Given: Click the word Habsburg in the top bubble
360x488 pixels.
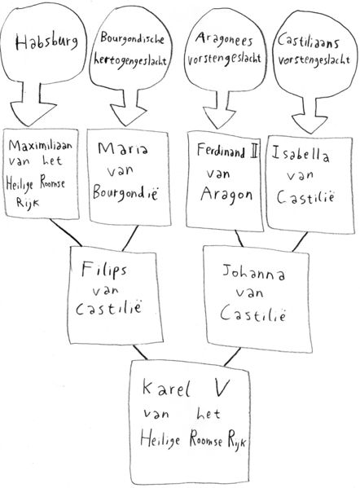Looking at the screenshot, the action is pyautogui.click(x=46, y=42).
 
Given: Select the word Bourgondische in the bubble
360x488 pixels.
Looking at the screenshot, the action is pyautogui.click(x=132, y=40).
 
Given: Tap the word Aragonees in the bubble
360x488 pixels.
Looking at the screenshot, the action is pyautogui.click(x=224, y=41).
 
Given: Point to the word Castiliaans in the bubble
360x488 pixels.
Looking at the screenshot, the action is pyautogui.click(x=308, y=42).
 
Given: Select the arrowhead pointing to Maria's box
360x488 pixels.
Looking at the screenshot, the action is pyautogui.click(x=128, y=115).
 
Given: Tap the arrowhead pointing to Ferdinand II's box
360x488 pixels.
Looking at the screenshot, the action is pyautogui.click(x=219, y=117).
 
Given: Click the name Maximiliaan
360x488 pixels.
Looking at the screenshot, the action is pyautogui.click(x=41, y=145).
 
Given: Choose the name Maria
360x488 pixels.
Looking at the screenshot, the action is pyautogui.click(x=123, y=148).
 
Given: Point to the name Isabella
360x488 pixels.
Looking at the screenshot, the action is pyautogui.click(x=301, y=154).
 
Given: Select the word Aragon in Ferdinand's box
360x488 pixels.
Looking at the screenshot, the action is pyautogui.click(x=226, y=196).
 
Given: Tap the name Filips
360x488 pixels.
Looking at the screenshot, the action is pyautogui.click(x=104, y=270).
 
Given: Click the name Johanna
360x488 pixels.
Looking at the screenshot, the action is pyautogui.click(x=253, y=273).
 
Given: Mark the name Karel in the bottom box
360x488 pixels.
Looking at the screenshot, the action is pyautogui.click(x=166, y=389).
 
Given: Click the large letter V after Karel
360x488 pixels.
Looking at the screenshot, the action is pyautogui.click(x=222, y=388).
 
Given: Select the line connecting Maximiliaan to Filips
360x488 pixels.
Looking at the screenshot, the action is pyautogui.click(x=66, y=233).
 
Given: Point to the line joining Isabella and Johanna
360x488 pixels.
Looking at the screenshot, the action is pyautogui.click(x=300, y=242).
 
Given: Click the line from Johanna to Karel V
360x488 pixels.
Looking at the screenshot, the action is pyautogui.click(x=232, y=357).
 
